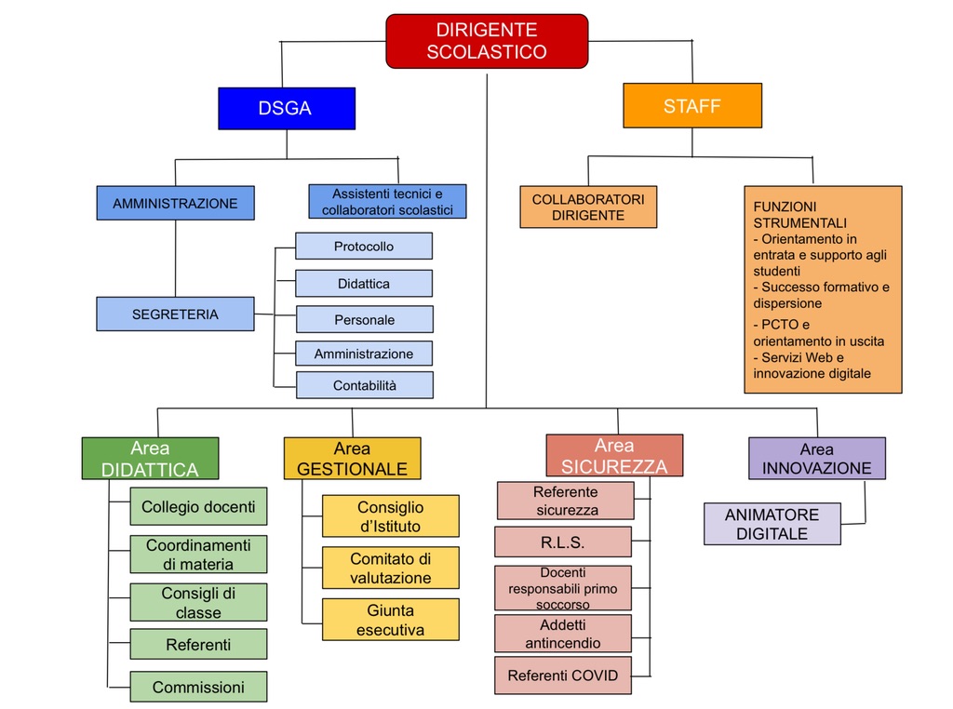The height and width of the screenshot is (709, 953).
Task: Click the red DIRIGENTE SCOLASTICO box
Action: (x=487, y=41)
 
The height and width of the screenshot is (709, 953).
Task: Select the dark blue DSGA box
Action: (x=287, y=108)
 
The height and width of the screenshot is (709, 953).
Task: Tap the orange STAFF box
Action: (x=692, y=106)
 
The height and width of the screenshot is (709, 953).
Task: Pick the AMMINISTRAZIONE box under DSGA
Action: (x=175, y=203)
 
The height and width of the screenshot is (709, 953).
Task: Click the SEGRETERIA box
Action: (x=175, y=314)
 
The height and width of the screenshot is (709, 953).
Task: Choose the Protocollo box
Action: (x=364, y=246)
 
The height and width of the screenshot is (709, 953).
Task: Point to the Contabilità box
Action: (x=365, y=385)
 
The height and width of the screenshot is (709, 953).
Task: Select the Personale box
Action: (x=365, y=319)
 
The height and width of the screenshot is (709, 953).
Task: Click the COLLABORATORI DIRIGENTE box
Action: (x=588, y=207)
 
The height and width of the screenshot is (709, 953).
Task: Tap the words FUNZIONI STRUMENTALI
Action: (x=799, y=214)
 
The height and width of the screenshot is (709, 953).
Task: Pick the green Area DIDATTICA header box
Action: (x=150, y=458)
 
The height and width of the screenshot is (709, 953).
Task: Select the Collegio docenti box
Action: (x=198, y=507)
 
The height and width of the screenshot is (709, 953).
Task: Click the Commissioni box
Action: (x=198, y=687)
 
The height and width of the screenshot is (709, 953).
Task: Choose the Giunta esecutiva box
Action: (x=390, y=620)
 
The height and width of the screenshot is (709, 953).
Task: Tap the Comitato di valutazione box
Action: (x=390, y=569)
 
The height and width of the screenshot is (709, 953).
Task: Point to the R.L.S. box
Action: (x=563, y=542)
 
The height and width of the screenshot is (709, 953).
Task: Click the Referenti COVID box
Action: (x=563, y=676)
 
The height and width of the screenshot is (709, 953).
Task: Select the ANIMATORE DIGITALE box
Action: (x=772, y=524)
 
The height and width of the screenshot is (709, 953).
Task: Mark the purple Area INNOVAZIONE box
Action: (x=817, y=459)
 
